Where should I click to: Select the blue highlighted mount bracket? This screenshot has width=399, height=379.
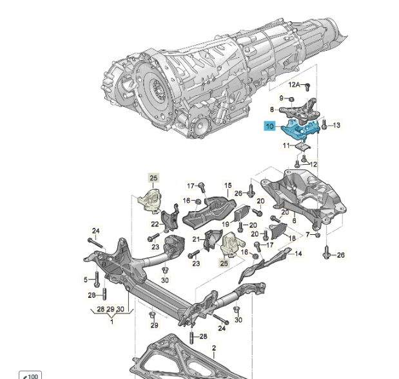coord(298,131)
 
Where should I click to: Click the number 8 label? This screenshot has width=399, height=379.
coord(273,109)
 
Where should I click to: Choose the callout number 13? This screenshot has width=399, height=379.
coord(336,125)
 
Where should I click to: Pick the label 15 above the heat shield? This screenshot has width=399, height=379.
coord(228,185)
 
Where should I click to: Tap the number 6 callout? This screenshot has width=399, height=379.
coord(294,220)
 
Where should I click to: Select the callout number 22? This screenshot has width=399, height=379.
coord(155,224)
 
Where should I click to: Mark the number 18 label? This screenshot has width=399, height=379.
coord(292,237)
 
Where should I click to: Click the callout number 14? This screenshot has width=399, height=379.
coord(298,254)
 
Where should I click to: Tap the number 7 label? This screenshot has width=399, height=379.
coord(307,235)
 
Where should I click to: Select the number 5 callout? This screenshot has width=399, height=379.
coord(85,279)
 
